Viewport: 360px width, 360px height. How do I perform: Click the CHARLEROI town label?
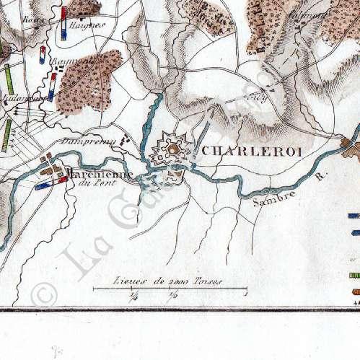(x=247, y=152)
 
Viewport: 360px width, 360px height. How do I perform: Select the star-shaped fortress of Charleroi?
(x=172, y=150)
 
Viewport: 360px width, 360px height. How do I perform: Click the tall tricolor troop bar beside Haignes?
(x=64, y=22)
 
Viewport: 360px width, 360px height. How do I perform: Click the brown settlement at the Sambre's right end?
(x=351, y=148)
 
